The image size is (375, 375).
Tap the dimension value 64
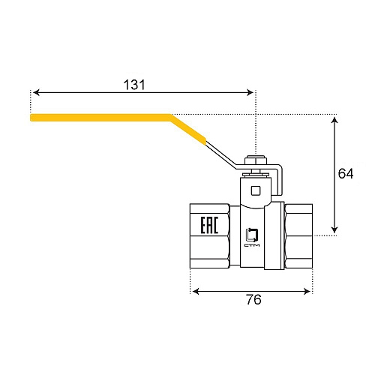click(x=346, y=174)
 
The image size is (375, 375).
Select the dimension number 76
click(x=253, y=300)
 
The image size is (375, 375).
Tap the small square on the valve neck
click(x=256, y=190)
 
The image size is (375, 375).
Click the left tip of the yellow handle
click(x=32, y=117)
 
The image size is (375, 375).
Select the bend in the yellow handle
click(x=172, y=118)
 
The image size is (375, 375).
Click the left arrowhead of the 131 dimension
click(x=34, y=92)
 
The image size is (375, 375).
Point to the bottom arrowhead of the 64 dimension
click(x=334, y=232)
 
